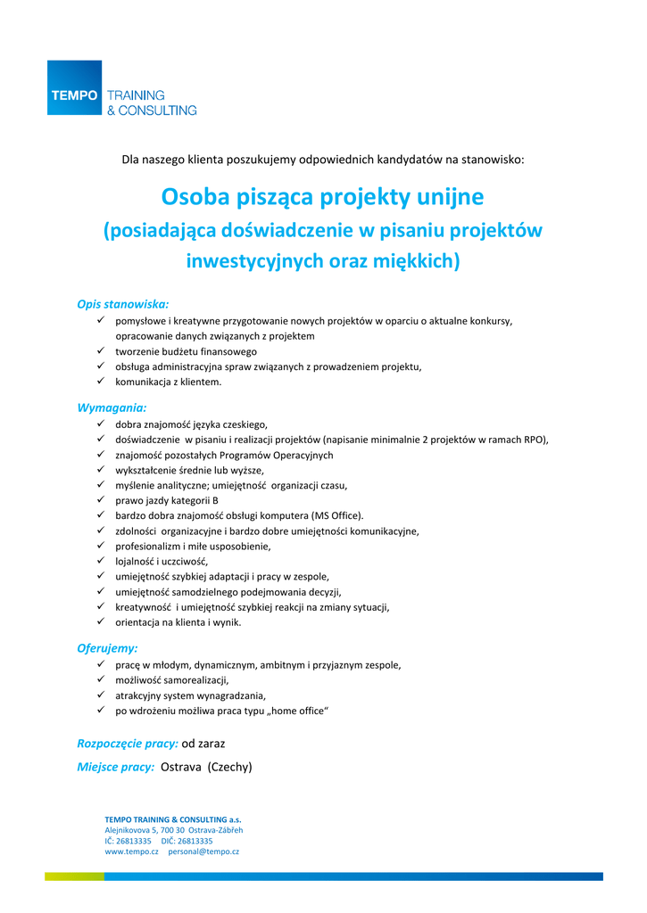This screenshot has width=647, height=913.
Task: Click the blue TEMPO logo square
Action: (x=74, y=87)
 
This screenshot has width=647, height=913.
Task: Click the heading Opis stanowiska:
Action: (x=123, y=304)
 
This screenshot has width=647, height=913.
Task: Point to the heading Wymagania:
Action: (x=112, y=407)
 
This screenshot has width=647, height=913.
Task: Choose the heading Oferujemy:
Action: (x=107, y=648)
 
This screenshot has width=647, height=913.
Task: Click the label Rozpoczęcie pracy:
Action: (x=128, y=743)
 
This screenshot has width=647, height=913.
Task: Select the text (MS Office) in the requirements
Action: (x=336, y=515)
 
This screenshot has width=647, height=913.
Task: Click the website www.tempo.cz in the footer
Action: (x=131, y=852)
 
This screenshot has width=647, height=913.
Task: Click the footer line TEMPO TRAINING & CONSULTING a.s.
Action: (x=173, y=819)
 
